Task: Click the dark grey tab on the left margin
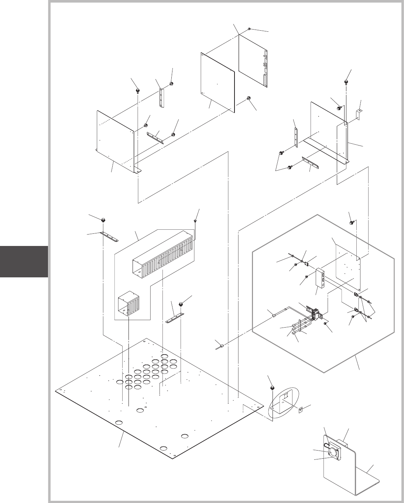pos(24,261)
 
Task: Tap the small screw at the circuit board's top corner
pos(250,29)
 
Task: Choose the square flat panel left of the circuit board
pos(218,82)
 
